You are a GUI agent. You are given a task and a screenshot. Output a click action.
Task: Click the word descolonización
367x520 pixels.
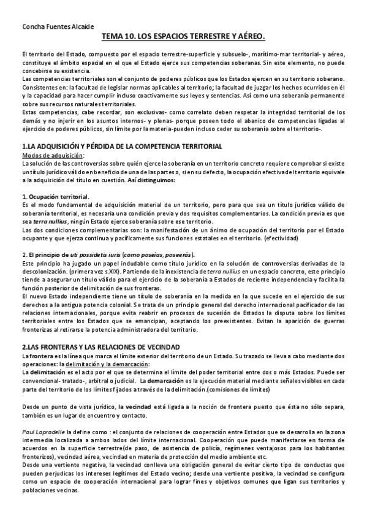[45, 270]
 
